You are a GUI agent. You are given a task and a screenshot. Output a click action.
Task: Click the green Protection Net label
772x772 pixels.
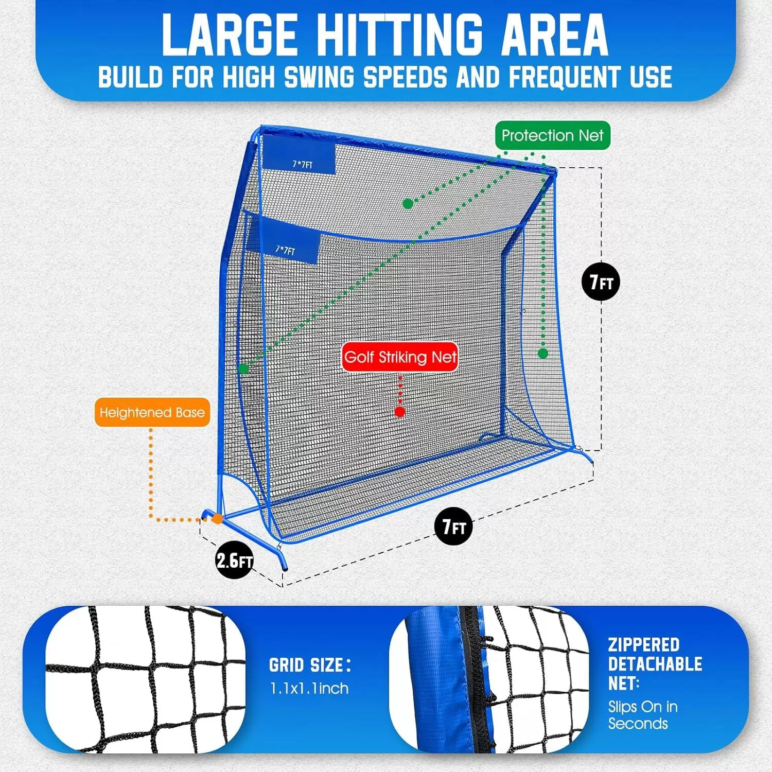[x=552, y=135]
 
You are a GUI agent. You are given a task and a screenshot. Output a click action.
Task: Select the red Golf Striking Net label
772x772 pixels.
[x=400, y=357]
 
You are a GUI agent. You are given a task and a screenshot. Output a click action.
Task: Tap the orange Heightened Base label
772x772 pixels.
[x=152, y=412]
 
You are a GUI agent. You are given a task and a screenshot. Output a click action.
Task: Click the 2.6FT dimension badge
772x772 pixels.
[x=234, y=560]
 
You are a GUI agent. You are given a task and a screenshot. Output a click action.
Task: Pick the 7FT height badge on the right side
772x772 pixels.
[x=601, y=282]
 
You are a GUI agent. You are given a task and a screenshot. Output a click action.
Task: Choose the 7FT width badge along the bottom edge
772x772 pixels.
[x=453, y=527]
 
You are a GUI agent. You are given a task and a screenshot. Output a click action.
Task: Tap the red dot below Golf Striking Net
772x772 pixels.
[x=400, y=412]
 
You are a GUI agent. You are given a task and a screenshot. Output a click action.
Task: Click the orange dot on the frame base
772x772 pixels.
[x=218, y=519]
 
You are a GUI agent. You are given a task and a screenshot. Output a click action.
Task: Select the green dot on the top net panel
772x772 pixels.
[x=408, y=204]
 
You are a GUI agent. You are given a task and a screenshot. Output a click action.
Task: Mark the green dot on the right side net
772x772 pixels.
[x=543, y=354]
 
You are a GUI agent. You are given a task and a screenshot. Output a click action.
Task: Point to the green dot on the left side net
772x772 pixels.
[x=243, y=369]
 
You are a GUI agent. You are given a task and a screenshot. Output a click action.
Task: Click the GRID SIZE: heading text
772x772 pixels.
[x=310, y=665]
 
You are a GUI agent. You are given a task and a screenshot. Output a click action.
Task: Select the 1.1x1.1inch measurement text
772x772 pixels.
[x=309, y=689]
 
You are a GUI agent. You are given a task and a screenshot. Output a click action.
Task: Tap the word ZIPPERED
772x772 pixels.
[x=643, y=645]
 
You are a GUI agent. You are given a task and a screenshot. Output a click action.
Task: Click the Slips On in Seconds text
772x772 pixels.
[x=642, y=715]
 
